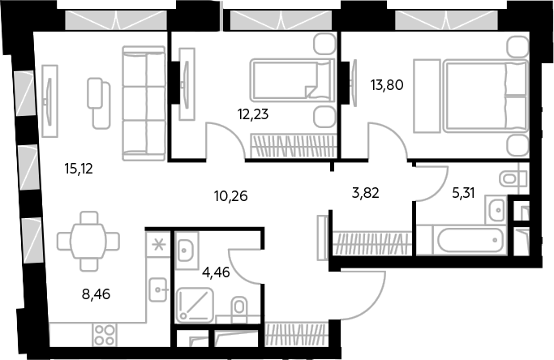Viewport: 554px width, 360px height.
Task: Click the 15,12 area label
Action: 79,169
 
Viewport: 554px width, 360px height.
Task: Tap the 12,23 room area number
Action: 253,114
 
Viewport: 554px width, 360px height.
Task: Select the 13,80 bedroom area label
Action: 387,85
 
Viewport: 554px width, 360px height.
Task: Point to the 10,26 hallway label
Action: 230,195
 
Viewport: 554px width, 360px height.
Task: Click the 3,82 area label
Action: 365,193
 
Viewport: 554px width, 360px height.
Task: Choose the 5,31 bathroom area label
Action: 463,193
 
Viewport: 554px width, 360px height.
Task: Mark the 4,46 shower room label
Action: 216,272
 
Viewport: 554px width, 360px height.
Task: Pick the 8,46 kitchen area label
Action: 96,294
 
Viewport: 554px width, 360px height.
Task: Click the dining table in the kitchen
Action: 88,242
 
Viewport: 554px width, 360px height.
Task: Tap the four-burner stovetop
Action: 105,335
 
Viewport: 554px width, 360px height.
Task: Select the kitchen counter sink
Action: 158,290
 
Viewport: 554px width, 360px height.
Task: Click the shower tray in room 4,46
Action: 195,305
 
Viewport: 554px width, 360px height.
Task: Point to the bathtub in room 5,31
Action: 470,240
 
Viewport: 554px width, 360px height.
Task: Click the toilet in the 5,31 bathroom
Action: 513,178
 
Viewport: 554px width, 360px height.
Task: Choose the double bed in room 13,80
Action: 486,96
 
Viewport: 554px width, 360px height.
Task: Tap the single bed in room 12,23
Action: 292,80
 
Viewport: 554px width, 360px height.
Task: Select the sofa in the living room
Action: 144,103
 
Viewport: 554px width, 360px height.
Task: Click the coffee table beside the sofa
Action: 99,103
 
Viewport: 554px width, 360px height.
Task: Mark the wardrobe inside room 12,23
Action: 294,146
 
